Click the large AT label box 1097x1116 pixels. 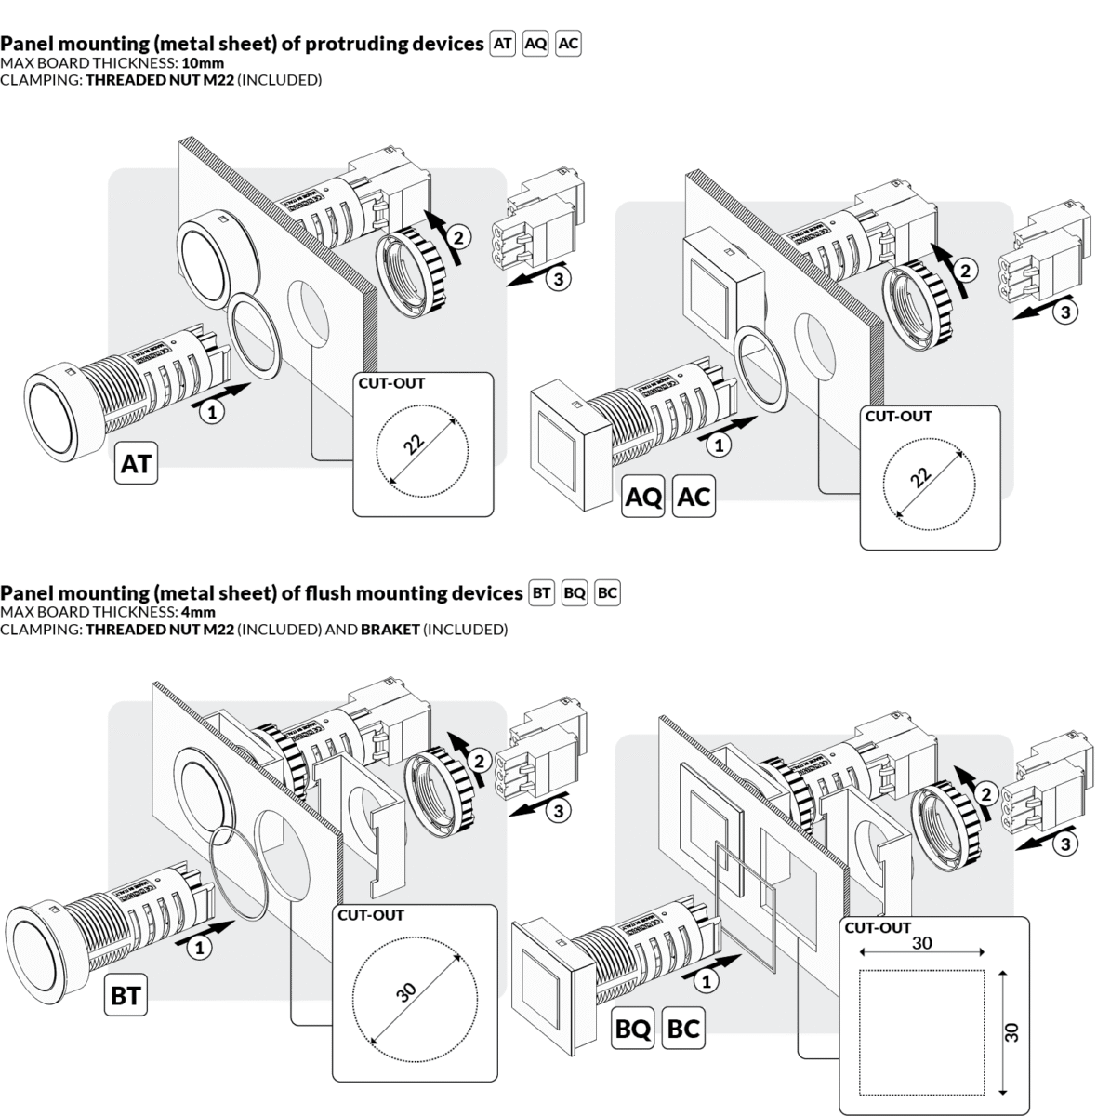[x=136, y=463]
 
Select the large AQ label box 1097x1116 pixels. [x=643, y=498]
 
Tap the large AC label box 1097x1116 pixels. [x=694, y=498]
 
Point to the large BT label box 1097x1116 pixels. [x=126, y=996]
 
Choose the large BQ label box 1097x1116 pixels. [x=633, y=1030]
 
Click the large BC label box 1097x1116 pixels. [x=683, y=1030]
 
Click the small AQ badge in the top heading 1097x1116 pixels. [x=535, y=44]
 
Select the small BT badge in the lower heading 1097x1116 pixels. [x=541, y=593]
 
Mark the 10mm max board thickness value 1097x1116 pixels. [x=203, y=63]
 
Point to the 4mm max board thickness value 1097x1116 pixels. [x=198, y=612]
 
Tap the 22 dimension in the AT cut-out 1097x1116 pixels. [x=415, y=443]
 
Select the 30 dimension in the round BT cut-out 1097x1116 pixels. [x=406, y=991]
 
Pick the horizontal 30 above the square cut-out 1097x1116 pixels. [x=921, y=943]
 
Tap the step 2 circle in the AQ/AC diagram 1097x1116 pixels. [x=967, y=271]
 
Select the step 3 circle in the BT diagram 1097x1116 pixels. [x=557, y=812]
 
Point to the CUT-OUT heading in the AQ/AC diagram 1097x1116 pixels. [x=898, y=417]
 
